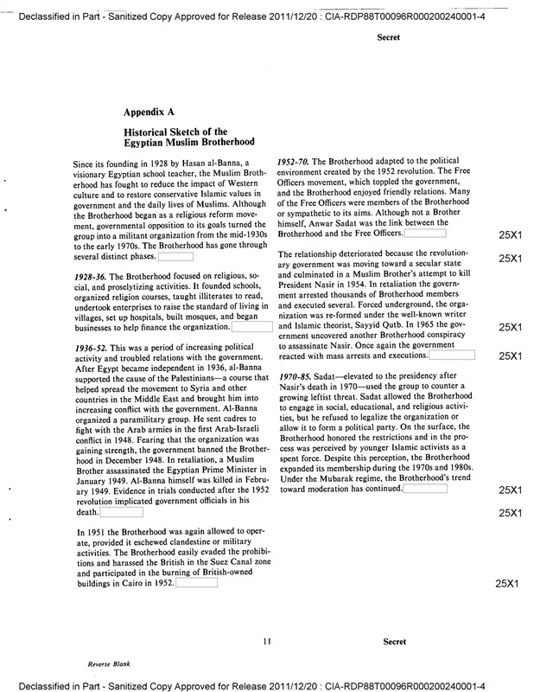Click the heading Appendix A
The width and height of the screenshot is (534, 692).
click(151, 112)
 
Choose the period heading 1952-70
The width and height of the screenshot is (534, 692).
click(296, 163)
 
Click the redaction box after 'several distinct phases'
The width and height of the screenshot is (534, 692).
click(175, 256)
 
